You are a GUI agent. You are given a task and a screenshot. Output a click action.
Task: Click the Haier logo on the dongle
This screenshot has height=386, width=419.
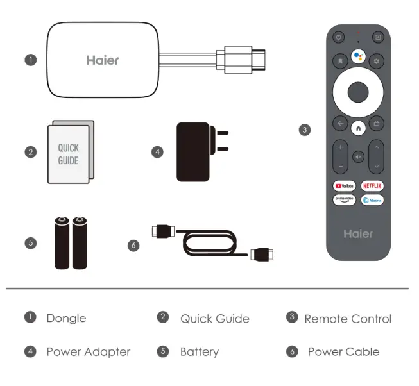click(103, 60)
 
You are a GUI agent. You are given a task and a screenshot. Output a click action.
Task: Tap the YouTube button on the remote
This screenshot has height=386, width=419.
click(344, 186)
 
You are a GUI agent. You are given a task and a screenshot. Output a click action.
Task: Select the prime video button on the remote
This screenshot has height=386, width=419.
click(344, 200)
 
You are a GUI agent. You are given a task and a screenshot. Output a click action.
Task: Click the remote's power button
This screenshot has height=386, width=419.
click(339, 38)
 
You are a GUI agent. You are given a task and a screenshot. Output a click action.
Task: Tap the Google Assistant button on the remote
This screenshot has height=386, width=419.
click(358, 56)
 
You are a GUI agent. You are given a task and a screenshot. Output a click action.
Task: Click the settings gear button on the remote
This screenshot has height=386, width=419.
click(377, 61)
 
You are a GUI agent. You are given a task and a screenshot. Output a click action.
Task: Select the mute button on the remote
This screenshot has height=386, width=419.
click(358, 156)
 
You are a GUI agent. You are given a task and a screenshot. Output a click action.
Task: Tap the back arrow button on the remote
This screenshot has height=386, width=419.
click(339, 123)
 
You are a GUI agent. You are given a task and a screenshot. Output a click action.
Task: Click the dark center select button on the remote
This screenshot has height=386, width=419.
click(358, 92)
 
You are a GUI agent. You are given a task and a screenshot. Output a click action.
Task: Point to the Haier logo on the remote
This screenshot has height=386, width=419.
click(358, 233)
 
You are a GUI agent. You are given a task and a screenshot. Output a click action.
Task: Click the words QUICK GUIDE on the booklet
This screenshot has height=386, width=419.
click(68, 155)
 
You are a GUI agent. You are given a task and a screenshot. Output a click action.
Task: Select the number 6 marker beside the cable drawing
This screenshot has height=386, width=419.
click(133, 244)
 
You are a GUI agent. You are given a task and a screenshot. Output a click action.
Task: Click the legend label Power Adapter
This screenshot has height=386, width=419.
click(88, 351)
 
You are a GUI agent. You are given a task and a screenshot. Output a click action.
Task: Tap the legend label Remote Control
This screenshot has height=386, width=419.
click(347, 319)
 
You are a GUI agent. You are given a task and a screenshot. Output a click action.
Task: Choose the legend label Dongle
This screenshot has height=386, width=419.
click(65, 318)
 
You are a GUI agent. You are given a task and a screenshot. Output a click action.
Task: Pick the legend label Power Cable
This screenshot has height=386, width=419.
click(343, 351)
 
